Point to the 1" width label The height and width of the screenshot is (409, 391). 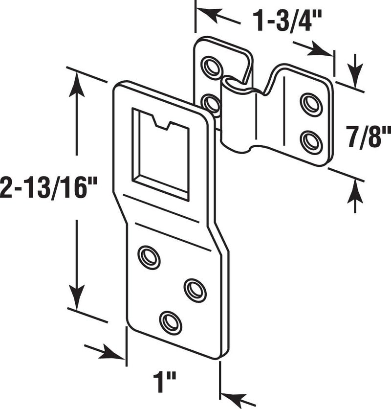pos(165,379)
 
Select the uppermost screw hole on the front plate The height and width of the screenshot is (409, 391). pos(149,257)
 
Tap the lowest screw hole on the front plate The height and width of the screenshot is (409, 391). pos(170,323)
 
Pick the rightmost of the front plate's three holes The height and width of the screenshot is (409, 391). pos(195,290)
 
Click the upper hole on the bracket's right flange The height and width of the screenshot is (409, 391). pos(311,104)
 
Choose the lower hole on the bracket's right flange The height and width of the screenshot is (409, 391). pos(311,142)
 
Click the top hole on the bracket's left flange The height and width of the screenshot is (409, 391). pos(212,67)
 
